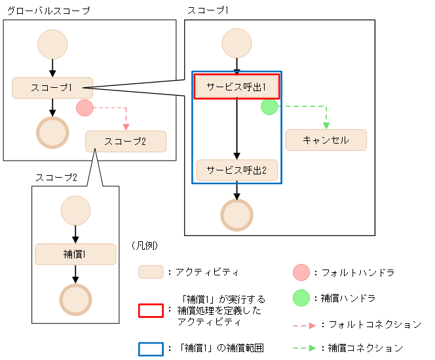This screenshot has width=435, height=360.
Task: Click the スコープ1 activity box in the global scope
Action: [x=52, y=88]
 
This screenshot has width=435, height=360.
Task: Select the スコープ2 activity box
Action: [x=125, y=141]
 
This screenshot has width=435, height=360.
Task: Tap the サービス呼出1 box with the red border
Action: [x=237, y=87]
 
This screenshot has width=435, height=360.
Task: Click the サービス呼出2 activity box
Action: [x=237, y=170]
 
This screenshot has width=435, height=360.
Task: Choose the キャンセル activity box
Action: [x=326, y=140]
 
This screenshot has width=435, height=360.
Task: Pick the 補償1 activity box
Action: [x=75, y=254]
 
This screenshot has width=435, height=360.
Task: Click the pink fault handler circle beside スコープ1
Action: [x=85, y=108]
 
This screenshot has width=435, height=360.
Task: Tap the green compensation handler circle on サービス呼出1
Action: [x=269, y=107]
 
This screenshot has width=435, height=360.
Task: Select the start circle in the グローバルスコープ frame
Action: [x=52, y=44]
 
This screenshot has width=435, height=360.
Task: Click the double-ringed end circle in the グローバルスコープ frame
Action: [x=52, y=133]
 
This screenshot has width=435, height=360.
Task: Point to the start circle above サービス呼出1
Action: [x=237, y=44]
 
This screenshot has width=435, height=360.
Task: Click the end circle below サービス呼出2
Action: [x=237, y=214]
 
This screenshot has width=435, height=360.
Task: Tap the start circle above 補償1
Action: [x=75, y=211]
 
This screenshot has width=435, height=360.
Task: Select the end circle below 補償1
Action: [x=75, y=299]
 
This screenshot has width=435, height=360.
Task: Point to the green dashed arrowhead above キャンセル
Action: [x=326, y=125]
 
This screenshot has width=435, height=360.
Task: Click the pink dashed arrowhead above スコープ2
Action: [x=126, y=127]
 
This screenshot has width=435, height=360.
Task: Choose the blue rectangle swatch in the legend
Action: [x=151, y=348]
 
